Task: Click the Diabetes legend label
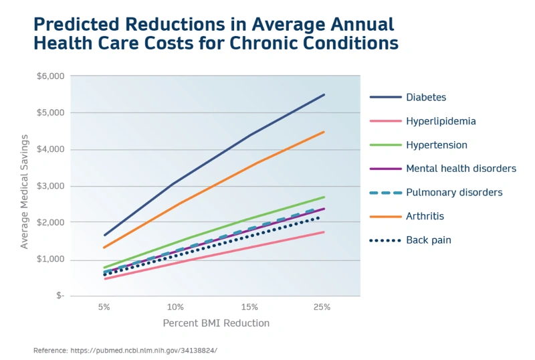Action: [x=426, y=97]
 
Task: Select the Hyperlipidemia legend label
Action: [x=441, y=121]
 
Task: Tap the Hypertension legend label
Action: [x=437, y=145]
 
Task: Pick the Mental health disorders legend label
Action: [x=461, y=169]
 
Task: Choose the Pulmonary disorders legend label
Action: [x=454, y=192]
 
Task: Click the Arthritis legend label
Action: [x=425, y=216]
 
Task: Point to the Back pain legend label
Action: [x=428, y=240]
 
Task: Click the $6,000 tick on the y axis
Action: [x=50, y=76]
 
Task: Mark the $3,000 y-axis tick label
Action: [x=50, y=186]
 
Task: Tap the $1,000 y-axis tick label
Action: [x=50, y=259]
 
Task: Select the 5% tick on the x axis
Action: [x=104, y=306]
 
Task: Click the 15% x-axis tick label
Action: [x=249, y=306]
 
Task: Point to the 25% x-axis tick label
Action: [x=322, y=306]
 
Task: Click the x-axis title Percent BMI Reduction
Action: [x=216, y=323]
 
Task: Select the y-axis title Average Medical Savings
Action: [x=25, y=191]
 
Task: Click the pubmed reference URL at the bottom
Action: [x=143, y=350]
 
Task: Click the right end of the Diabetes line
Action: [x=324, y=94]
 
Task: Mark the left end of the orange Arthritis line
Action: [x=103, y=248]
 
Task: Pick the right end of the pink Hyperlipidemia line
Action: [x=324, y=232]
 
